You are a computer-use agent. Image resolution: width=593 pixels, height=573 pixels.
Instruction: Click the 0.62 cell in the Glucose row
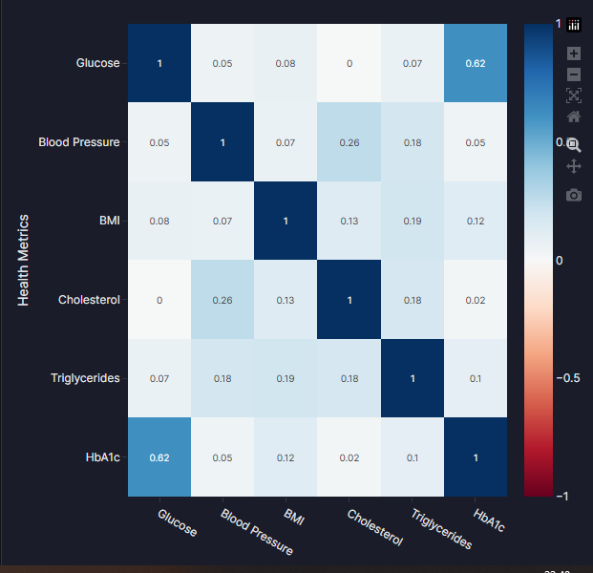pos(476,64)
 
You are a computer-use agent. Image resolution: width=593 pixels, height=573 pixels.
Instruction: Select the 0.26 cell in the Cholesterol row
pos(222,300)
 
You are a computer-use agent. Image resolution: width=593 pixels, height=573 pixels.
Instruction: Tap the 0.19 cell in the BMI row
pos(413,222)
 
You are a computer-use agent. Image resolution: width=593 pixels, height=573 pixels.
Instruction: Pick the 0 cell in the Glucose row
pos(349,64)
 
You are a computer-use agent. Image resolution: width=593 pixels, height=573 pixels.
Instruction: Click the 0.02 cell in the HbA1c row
pos(349,457)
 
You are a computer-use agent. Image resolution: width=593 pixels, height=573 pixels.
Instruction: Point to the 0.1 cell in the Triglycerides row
pos(476,379)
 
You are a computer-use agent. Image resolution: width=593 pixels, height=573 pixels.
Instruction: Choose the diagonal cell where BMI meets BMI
pos(286,222)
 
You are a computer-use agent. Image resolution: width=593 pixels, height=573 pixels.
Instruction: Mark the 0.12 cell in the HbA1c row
pos(286,457)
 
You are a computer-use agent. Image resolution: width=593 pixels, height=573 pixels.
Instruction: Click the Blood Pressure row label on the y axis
pos(79,142)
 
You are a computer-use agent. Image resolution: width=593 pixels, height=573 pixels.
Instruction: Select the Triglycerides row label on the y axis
pos(85,378)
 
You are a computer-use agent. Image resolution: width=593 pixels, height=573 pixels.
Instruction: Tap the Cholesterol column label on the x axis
pos(374,528)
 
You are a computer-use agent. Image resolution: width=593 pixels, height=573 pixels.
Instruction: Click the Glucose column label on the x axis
pos(177,523)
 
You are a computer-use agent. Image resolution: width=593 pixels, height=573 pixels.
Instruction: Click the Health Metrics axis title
pos(24,260)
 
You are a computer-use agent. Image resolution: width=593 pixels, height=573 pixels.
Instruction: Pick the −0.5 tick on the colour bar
pos(569,378)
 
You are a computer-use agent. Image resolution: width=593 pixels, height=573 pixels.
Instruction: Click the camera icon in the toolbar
pos(574,195)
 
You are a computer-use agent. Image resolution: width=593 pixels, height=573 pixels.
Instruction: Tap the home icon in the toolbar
pos(574,117)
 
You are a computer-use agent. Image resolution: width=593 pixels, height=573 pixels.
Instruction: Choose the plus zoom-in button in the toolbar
pos(574,53)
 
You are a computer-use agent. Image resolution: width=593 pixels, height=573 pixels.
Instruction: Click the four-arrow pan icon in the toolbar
pos(574,166)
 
